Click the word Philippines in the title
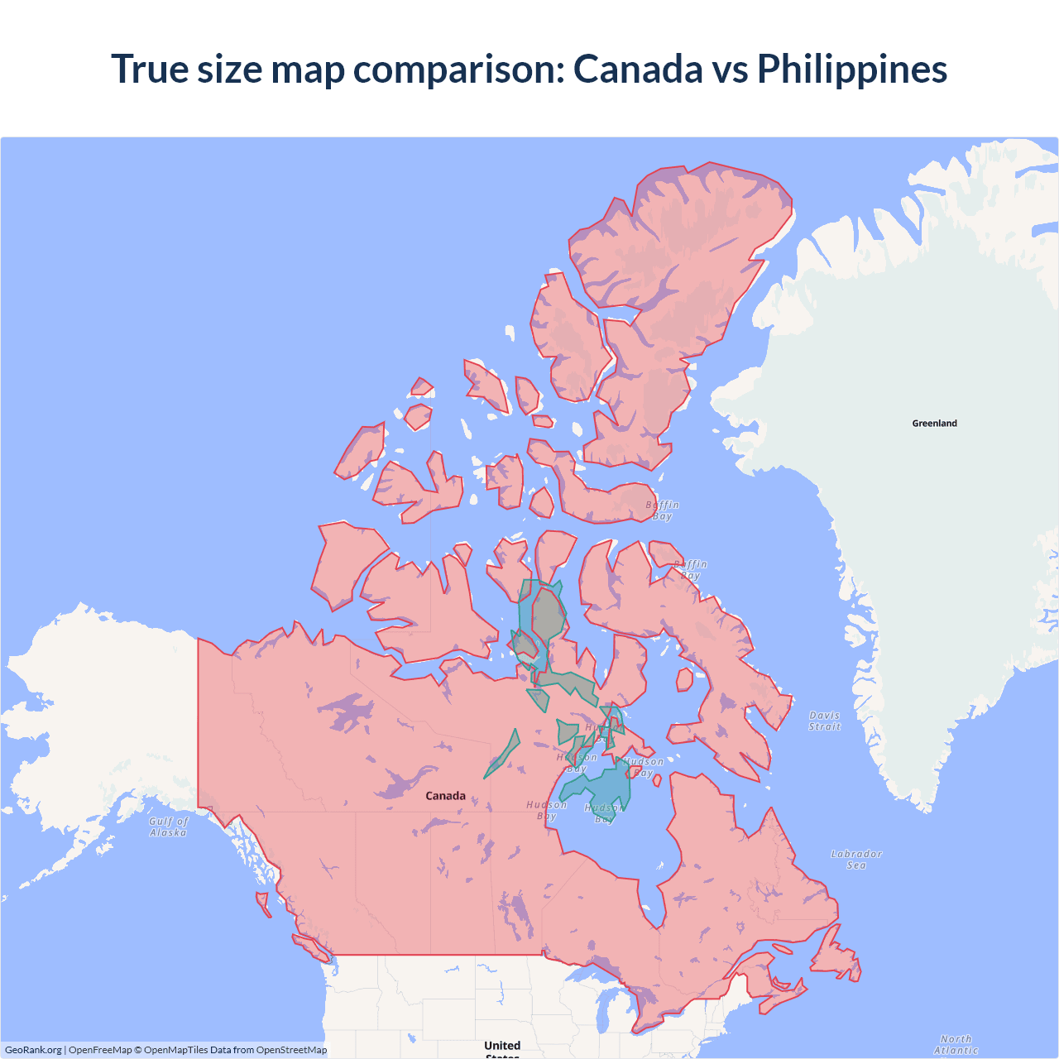point(852,69)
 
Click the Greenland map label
point(934,423)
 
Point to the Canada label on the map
point(445,796)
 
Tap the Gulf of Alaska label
point(169,827)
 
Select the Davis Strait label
point(824,721)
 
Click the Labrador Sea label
point(856,860)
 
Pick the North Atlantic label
point(956,1044)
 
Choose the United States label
point(502,1047)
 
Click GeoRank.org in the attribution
point(33,1050)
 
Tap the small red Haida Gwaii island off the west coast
point(263,903)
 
